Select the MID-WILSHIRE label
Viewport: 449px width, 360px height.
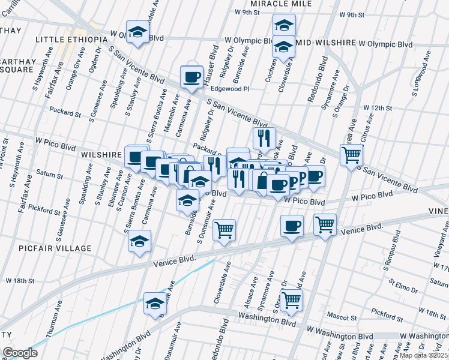[x=325, y=44]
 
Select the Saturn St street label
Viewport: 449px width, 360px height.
[x=49, y=176]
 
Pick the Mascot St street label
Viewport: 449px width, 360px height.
[x=342, y=316]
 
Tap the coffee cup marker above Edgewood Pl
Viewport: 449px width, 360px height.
[x=192, y=77]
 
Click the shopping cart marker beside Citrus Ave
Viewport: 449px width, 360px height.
[x=351, y=155]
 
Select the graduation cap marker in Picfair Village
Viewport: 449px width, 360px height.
[x=140, y=241]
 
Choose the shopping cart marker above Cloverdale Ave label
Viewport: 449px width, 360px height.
[x=224, y=229]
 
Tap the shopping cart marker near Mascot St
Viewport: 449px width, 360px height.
[x=291, y=299]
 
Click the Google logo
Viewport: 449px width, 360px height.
[x=20, y=353]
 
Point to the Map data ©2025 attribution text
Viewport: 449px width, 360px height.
[x=424, y=355]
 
